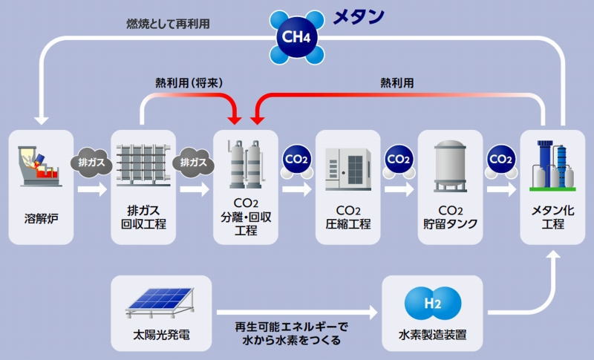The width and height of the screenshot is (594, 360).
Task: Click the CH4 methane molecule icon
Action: [296, 37]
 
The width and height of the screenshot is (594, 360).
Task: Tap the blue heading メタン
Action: [359, 16]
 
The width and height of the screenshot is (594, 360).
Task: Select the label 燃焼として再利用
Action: [169, 24]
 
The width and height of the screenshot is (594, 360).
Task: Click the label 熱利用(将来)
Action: [189, 83]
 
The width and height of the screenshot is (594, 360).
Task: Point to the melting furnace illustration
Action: [40, 166]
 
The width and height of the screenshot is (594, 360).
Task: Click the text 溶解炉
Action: [41, 218]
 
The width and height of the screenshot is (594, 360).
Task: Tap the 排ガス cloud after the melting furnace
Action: [91, 163]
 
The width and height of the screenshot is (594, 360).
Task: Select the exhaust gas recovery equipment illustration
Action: [143, 166]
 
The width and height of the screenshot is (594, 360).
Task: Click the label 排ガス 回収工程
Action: [143, 217]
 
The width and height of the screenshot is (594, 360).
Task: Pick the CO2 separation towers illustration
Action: [246, 164]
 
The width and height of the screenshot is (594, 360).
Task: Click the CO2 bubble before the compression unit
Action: [296, 162]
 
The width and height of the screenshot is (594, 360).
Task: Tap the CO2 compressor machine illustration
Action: [347, 168]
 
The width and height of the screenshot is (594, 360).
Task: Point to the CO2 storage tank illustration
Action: [450, 166]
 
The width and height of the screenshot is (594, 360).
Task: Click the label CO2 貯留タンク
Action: [450, 217]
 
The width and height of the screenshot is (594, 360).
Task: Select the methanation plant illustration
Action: [552, 166]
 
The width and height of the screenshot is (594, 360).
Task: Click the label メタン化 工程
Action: [552, 217]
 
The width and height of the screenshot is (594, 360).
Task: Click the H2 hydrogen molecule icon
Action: [433, 304]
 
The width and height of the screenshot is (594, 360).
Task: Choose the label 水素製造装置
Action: [432, 335]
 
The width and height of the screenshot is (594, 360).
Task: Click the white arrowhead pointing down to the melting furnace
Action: [41, 120]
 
